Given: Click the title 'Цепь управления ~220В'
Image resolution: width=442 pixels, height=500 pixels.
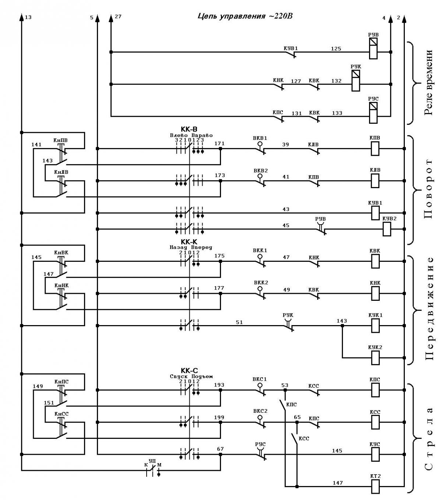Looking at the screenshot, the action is coord(245,16).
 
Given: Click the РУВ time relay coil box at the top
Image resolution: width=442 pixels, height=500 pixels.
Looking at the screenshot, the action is coord(373,48).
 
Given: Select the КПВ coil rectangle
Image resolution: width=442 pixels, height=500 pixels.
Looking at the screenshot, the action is coord(375,149).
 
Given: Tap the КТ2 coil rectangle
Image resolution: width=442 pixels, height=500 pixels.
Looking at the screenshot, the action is coord(375,486).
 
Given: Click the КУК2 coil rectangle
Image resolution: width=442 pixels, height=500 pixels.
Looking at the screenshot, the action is coord(375,358).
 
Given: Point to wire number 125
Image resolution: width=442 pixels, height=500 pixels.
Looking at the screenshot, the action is coord(336,49).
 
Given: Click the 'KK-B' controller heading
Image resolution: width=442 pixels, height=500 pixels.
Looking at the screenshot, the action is coord(189,129).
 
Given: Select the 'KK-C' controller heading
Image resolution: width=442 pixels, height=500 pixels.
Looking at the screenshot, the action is coord(189,370).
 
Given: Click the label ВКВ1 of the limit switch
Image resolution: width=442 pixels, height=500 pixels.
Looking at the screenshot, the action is coord(260,138).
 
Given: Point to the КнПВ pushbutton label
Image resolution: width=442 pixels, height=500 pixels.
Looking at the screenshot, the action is coord(60,140).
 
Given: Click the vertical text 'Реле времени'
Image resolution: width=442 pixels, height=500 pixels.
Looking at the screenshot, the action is coord(428,82).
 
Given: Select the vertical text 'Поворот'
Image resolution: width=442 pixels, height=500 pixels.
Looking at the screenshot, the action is coord(428,189).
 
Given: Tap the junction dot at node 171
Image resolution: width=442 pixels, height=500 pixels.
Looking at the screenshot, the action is coord(221,149).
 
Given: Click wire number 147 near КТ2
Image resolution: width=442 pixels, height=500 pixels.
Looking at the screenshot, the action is coord(337,483).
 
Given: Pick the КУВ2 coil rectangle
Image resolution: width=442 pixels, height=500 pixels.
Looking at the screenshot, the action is coord(386,229).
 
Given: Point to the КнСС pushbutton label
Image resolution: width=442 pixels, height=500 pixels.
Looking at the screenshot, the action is coord(62,413).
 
